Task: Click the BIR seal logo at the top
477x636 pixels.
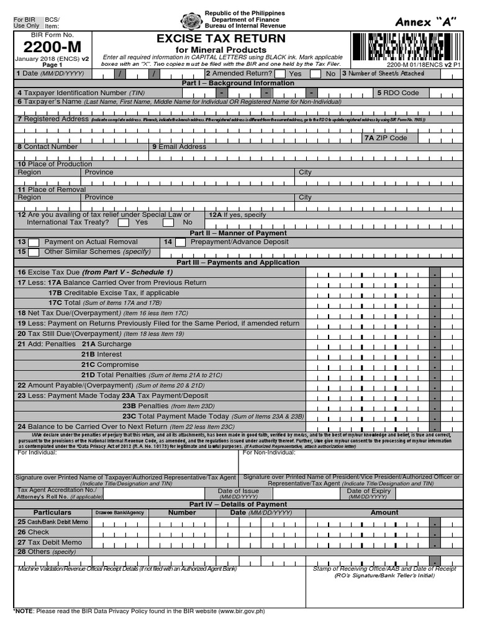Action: click(x=191, y=20)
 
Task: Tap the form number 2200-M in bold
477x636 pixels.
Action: click(x=43, y=47)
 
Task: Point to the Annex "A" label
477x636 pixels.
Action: click(x=425, y=22)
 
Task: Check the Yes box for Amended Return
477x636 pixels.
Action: click(x=281, y=74)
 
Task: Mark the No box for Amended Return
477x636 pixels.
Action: click(x=317, y=74)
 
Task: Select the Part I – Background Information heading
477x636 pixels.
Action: click(x=238, y=83)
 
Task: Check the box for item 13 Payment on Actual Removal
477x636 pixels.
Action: click(x=34, y=242)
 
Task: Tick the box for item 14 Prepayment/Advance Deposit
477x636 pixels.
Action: click(x=180, y=242)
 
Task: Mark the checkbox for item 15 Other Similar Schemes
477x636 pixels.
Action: click(x=34, y=252)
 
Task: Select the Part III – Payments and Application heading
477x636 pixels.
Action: click(x=238, y=263)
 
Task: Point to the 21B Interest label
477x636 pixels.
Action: click(x=101, y=354)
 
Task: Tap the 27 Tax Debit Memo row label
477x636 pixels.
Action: click(x=50, y=542)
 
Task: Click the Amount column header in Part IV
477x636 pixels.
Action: click(x=384, y=512)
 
